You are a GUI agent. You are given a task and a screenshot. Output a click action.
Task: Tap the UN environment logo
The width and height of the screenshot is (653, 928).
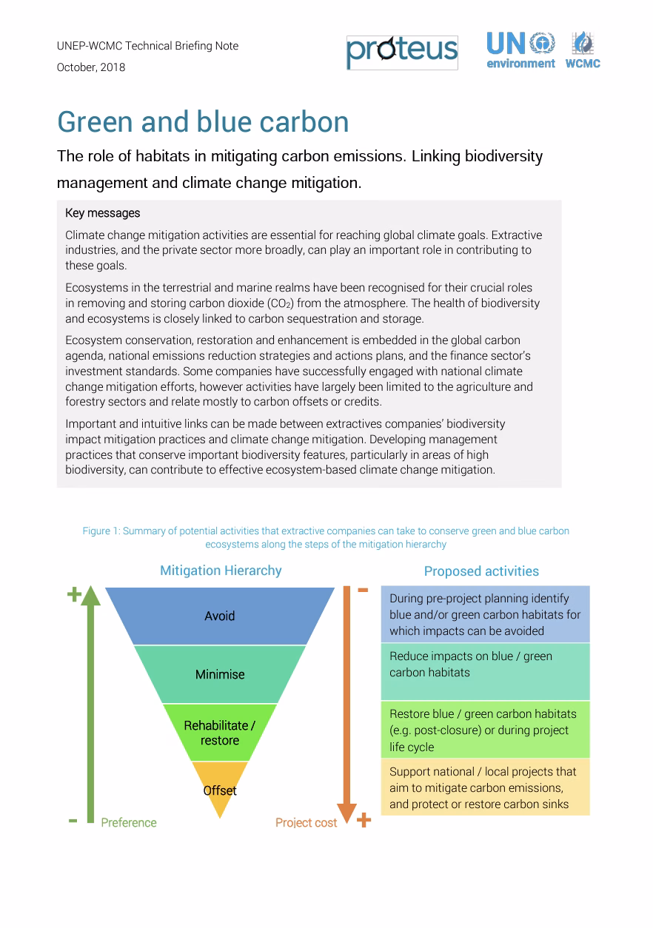pyautogui.click(x=520, y=50)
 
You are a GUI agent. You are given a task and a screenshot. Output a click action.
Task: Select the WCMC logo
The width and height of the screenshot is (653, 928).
pyautogui.click(x=583, y=50)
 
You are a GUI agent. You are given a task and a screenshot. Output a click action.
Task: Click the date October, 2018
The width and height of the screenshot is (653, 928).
pyautogui.click(x=91, y=67)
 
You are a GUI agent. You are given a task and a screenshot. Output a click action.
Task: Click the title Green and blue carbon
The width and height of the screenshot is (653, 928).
pyautogui.click(x=203, y=121)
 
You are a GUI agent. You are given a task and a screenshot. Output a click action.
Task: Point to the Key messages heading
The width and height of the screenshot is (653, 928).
pyautogui.click(x=103, y=213)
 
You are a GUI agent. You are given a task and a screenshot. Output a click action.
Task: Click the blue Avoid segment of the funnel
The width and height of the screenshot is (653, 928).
pyautogui.click(x=220, y=616)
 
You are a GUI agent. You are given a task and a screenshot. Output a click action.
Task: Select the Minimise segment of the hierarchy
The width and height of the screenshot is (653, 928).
pyautogui.click(x=220, y=674)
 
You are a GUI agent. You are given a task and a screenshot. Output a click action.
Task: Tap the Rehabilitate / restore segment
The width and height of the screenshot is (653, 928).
pyautogui.click(x=220, y=733)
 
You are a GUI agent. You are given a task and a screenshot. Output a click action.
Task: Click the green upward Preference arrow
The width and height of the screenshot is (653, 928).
pyautogui.click(x=90, y=703)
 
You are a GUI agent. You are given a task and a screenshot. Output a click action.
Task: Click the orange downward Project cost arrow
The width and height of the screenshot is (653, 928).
pyautogui.click(x=346, y=703)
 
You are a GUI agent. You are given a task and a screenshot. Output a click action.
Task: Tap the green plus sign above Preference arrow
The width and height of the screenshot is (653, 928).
pyautogui.click(x=74, y=594)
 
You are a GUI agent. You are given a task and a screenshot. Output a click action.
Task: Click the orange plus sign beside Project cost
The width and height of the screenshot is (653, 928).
pyautogui.click(x=364, y=820)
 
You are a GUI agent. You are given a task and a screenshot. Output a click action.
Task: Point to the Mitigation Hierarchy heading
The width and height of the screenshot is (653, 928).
pyautogui.click(x=221, y=571)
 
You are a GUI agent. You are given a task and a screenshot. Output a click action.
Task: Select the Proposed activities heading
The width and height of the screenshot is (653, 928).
pyautogui.click(x=481, y=571)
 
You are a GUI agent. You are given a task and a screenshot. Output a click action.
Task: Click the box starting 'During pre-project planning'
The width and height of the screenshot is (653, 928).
pyautogui.click(x=485, y=614)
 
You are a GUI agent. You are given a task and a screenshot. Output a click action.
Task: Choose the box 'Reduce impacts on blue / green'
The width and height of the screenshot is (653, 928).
pyautogui.click(x=485, y=671)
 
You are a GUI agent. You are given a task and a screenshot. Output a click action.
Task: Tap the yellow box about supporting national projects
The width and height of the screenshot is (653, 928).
pyautogui.click(x=485, y=787)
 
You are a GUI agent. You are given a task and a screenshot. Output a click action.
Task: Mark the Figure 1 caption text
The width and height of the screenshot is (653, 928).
pyautogui.click(x=326, y=537)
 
